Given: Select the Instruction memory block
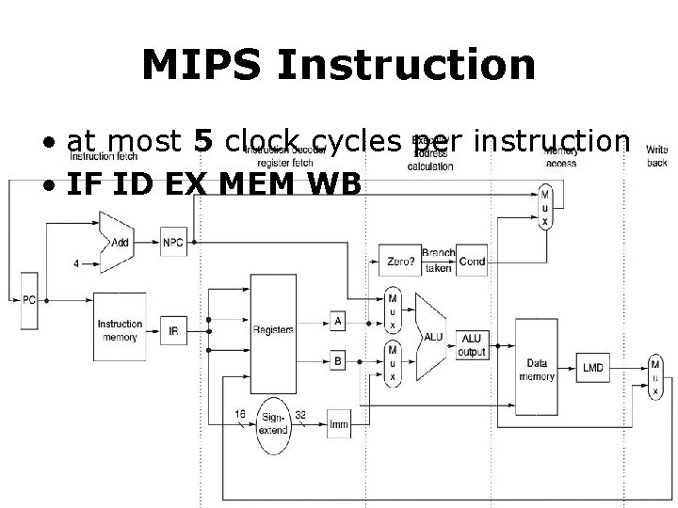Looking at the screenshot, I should pyautogui.click(x=120, y=330).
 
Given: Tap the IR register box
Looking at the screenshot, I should pyautogui.click(x=173, y=331).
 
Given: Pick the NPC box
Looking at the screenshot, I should pyautogui.click(x=173, y=242).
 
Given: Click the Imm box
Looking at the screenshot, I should pyautogui.click(x=338, y=424).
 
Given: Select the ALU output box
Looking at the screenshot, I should pyautogui.click(x=473, y=344).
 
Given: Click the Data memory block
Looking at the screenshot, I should pyautogui.click(x=537, y=367).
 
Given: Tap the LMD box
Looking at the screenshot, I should pyautogui.click(x=594, y=367).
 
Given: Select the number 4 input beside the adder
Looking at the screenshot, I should pyautogui.click(x=75, y=263).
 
